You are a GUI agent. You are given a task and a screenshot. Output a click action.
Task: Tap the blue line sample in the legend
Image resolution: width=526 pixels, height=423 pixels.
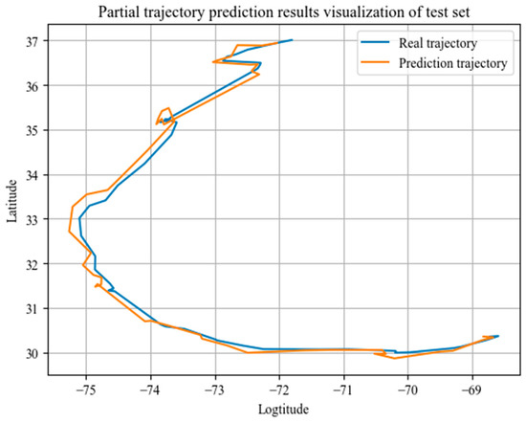(x=375, y=43)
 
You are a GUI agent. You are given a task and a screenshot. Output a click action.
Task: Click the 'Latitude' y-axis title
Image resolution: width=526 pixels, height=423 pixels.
(x=11, y=198)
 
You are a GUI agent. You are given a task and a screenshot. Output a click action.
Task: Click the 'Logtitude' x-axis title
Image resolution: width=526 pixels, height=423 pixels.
(x=284, y=410)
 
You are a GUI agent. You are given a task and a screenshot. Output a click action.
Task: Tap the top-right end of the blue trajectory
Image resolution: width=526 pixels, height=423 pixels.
(x=292, y=40)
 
